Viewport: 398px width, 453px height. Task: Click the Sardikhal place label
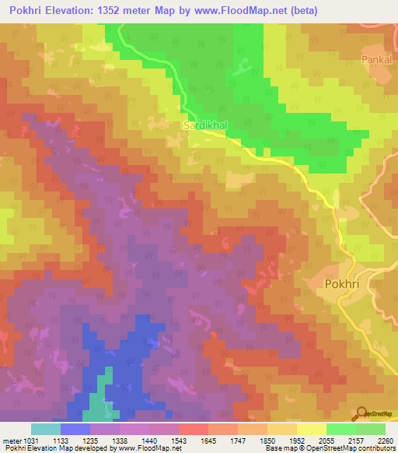coord(205,125)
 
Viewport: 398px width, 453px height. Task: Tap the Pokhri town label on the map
coord(340,285)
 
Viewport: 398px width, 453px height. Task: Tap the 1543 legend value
coord(194,441)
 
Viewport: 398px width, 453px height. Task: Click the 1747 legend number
coord(253,441)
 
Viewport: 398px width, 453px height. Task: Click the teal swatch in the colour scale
coord(46,429)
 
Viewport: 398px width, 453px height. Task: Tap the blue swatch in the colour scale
coord(75,429)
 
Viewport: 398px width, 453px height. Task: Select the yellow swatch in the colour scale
coord(312,429)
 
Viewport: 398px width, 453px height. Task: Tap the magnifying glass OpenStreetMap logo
coord(362,413)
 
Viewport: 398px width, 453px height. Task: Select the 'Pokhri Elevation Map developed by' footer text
coord(52,448)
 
